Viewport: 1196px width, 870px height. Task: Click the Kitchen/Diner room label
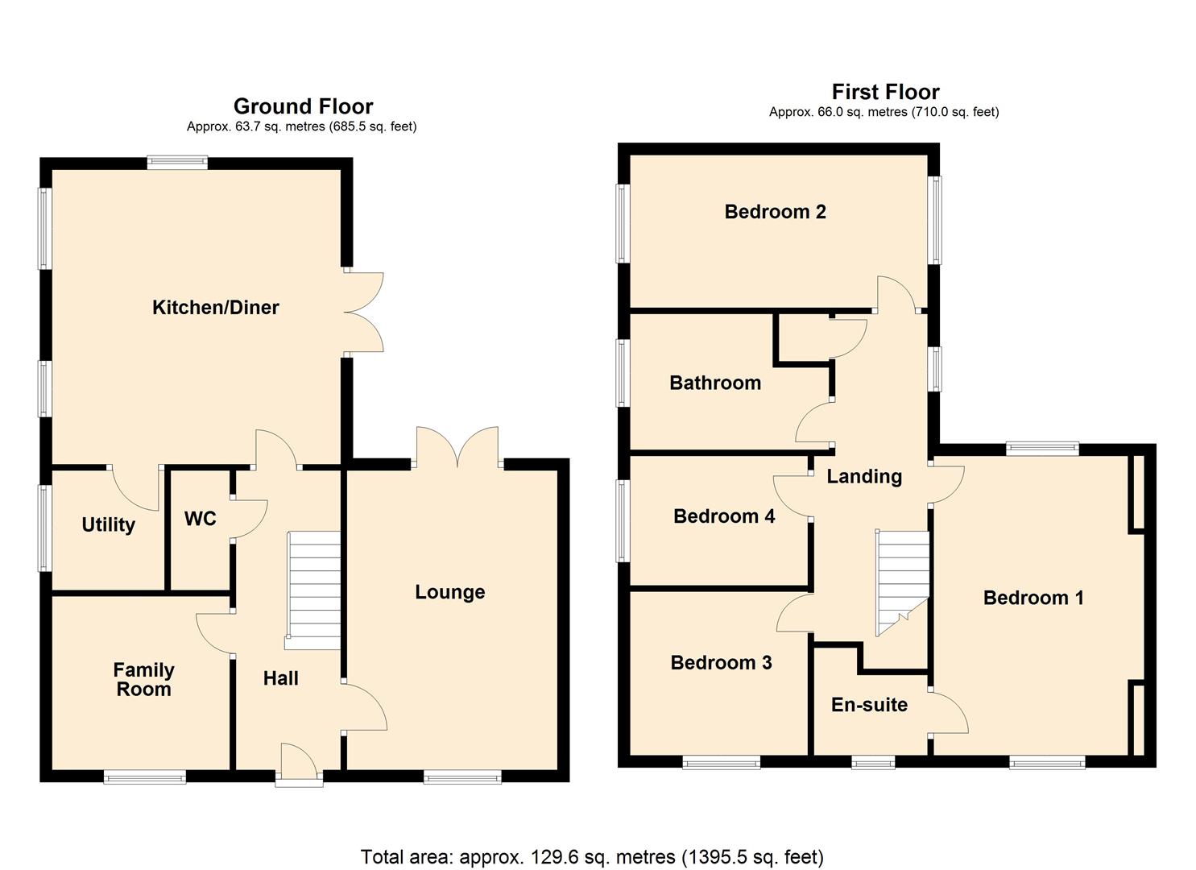215,307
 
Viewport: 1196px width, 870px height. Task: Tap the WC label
200,519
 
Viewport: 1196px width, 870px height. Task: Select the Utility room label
108,525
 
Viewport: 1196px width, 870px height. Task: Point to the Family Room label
143,680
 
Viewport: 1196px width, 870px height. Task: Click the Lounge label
449,592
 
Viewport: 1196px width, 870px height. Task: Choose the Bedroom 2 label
775,212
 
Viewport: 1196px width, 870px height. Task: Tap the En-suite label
869,705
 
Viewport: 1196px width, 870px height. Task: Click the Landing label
864,476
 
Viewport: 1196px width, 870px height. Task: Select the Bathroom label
715,383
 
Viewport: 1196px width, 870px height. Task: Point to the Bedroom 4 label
724,516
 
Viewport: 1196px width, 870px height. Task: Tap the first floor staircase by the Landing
902,580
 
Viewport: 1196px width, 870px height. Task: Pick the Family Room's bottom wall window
145,777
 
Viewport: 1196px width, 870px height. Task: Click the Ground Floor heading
303,106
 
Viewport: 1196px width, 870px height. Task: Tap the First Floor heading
885,92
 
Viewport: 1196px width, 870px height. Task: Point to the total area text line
592,856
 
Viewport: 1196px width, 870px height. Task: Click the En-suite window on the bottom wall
873,762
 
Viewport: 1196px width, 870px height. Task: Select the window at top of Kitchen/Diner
177,163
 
